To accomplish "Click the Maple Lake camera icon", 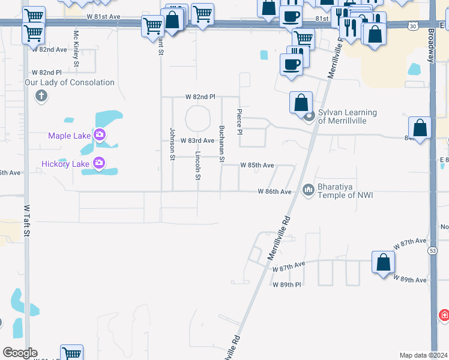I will (100, 135).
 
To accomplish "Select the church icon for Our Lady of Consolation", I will (41, 95).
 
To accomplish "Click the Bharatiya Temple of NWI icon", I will (309, 190).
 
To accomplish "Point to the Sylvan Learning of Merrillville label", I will (347, 116).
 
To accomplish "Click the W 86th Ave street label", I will (274, 191).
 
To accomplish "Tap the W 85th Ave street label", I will (257, 165).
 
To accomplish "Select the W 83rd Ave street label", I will (197, 140).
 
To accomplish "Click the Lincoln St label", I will (197, 166).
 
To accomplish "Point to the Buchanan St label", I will (221, 144).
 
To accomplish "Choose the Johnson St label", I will (172, 144).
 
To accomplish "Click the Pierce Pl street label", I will (240, 121).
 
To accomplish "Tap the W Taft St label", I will (26, 221).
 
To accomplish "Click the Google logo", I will (20, 353).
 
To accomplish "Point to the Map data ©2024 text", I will (423, 355).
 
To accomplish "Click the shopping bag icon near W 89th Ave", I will (384, 262).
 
